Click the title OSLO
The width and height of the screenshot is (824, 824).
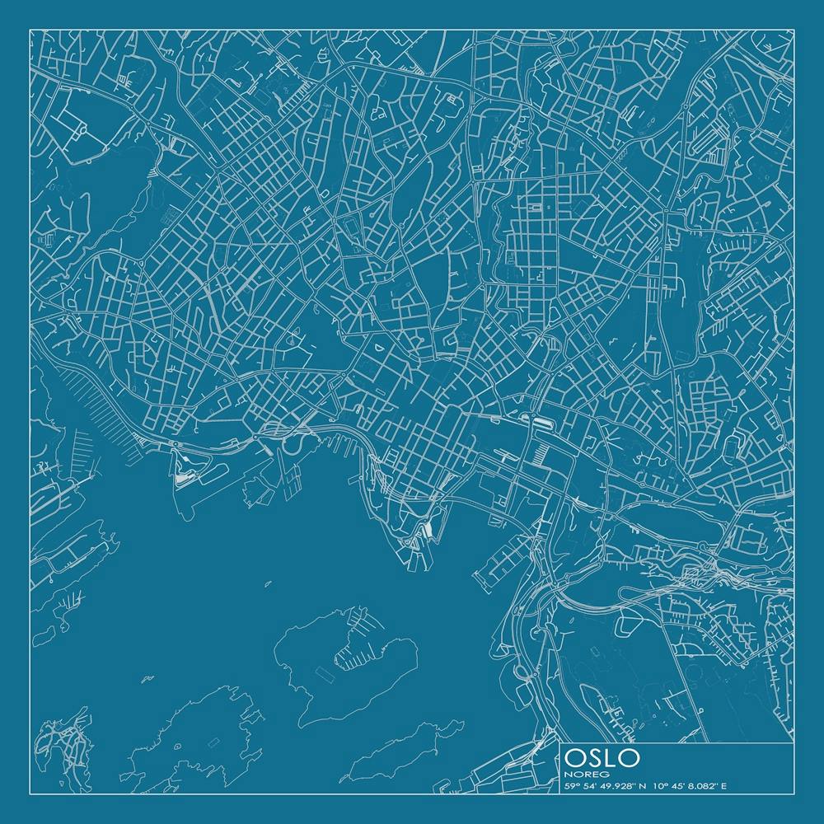(x=602, y=756)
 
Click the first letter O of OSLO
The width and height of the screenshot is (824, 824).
(x=577, y=756)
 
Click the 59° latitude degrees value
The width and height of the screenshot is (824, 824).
(x=572, y=786)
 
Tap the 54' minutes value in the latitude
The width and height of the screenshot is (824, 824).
(x=590, y=786)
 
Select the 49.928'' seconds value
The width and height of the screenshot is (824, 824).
(x=618, y=786)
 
